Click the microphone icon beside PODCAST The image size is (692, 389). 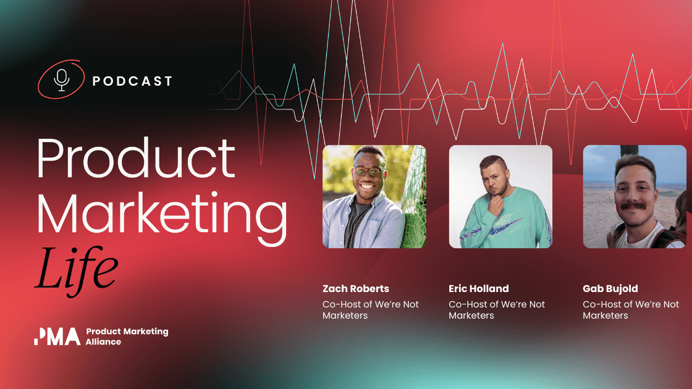[x=61, y=80]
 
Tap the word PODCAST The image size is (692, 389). [x=132, y=81]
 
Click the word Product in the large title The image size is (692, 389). [x=135, y=158]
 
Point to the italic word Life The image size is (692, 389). [x=75, y=267]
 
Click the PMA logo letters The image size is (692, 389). [x=57, y=337]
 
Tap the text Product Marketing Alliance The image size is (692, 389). [x=127, y=337]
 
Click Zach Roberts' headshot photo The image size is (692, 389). [x=374, y=196]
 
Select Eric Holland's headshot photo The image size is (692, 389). [x=500, y=196]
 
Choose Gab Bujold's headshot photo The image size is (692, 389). [x=634, y=196]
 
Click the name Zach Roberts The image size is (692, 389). [x=356, y=288]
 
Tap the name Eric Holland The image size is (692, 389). [x=479, y=288]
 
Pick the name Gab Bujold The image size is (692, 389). [x=610, y=288]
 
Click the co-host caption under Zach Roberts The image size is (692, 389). [x=370, y=310]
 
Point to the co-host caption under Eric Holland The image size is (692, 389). [x=497, y=310]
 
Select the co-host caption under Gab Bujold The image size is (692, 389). [x=631, y=310]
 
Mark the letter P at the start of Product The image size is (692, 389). [x=50, y=158]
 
